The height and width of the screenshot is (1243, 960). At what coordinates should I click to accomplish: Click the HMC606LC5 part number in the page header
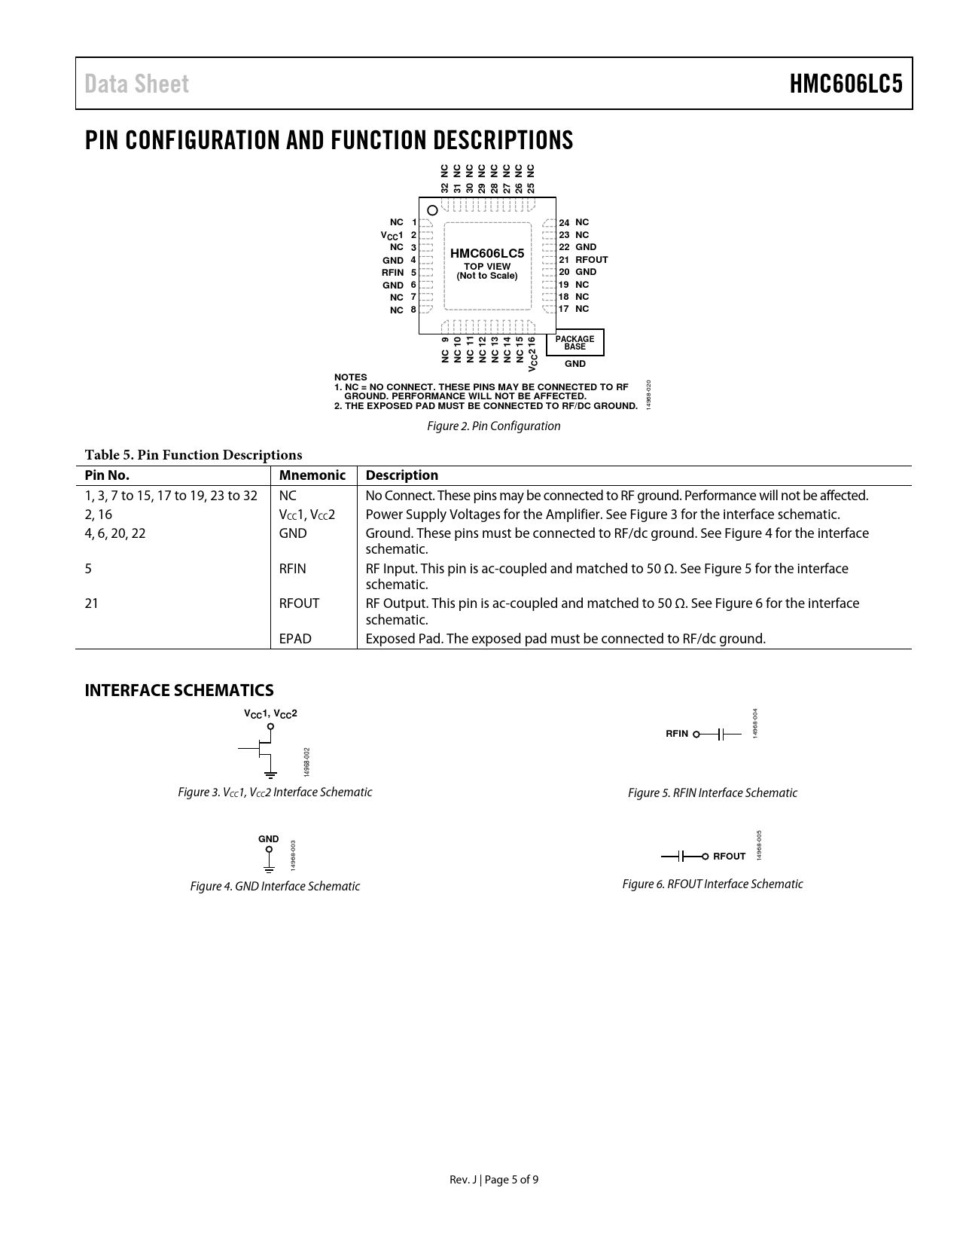[846, 84]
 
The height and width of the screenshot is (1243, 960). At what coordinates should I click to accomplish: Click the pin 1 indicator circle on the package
[432, 210]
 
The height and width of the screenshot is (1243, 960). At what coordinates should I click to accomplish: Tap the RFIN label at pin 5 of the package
[392, 273]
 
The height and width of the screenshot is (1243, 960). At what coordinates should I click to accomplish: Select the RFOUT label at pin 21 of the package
[592, 260]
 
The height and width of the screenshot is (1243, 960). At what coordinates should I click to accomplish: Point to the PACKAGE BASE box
[574, 343]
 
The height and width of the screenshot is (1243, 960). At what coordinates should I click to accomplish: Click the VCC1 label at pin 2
[392, 236]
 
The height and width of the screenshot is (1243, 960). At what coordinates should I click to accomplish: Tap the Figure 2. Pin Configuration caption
[493, 426]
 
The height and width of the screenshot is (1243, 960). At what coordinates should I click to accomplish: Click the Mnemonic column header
[312, 475]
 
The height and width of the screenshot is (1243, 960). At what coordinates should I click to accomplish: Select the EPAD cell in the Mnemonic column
[294, 639]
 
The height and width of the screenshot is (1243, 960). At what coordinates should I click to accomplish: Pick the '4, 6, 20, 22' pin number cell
[115, 533]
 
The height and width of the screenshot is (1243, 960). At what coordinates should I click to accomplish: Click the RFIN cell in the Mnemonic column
[292, 569]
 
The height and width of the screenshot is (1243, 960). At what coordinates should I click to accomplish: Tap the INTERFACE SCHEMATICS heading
[179, 690]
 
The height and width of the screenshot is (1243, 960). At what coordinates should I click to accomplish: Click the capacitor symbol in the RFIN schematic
[721, 734]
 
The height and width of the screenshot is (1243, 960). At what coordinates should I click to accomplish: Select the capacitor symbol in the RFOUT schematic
[681, 857]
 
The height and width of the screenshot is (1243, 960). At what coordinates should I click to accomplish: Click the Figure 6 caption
[712, 884]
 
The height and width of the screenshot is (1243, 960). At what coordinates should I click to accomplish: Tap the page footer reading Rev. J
[493, 1180]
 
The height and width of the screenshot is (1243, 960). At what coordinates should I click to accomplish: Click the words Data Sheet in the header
[137, 84]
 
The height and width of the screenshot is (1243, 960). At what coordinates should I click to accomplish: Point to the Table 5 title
[194, 455]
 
